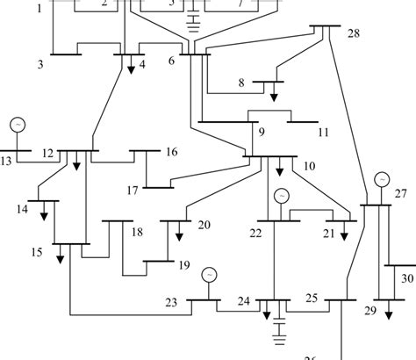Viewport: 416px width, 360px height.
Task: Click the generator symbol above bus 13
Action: (x=17, y=126)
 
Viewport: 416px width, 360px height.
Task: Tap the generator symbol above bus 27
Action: (x=381, y=179)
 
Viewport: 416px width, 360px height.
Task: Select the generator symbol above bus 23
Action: (x=209, y=274)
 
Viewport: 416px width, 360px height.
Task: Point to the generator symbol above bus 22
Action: (x=282, y=195)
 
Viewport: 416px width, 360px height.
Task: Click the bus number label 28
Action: (x=354, y=33)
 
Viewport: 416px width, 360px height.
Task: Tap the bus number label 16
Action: (x=171, y=152)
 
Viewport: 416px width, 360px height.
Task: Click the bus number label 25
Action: (x=311, y=299)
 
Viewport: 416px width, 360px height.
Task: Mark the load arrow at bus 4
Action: (x=130, y=67)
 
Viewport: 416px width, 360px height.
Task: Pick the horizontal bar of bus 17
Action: (x=159, y=187)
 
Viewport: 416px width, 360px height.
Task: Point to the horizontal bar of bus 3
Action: (x=66, y=54)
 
